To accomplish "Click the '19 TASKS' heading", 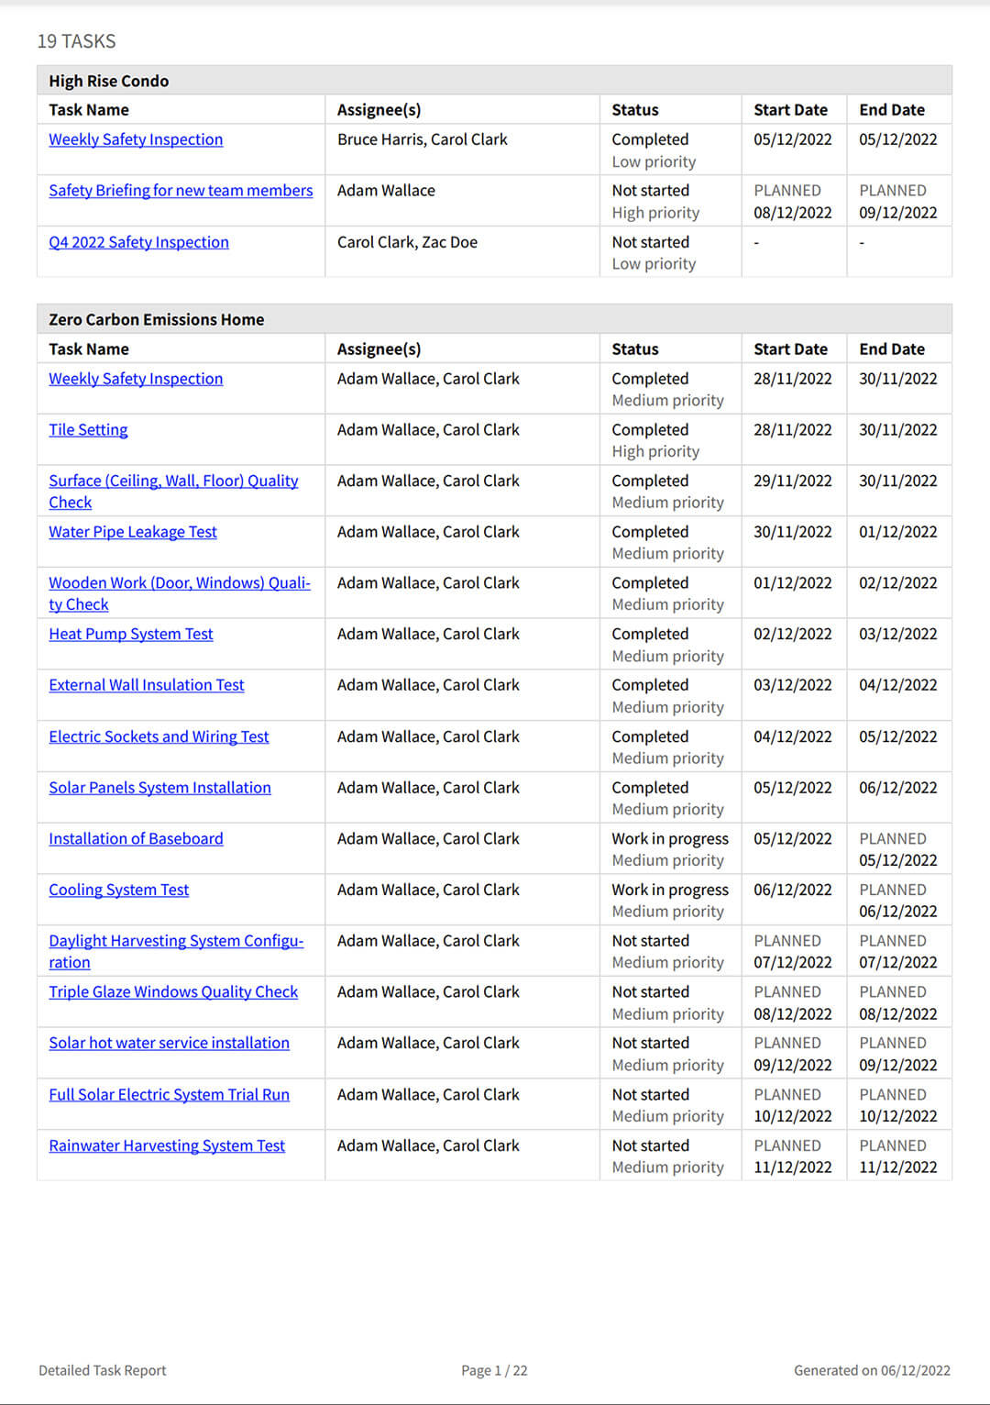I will (x=76, y=41).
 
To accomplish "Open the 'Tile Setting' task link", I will (x=88, y=430).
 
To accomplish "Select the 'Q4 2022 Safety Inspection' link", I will (x=138, y=242).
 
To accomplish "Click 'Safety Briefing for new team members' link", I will (x=181, y=191).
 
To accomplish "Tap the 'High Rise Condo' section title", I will (x=108, y=81).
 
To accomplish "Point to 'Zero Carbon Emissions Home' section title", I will (x=156, y=319).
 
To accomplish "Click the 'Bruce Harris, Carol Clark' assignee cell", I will (x=422, y=139).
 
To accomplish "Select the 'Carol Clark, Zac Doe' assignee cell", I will (x=407, y=242).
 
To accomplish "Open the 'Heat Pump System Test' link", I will (x=131, y=634).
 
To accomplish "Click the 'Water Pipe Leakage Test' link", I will (x=133, y=532).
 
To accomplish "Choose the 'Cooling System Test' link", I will (x=118, y=890).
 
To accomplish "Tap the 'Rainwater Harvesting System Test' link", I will (x=167, y=1145).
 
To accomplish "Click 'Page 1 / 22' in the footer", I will (x=494, y=1370).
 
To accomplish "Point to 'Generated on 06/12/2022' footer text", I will (x=872, y=1370).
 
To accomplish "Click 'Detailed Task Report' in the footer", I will (x=103, y=1370).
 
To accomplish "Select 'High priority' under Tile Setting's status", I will (x=655, y=451).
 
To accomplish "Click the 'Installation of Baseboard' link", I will (x=136, y=838).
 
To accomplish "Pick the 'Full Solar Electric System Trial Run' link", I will (x=169, y=1094).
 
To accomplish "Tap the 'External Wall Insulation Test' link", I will (x=147, y=685).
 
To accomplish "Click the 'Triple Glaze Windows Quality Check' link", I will (x=173, y=991).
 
